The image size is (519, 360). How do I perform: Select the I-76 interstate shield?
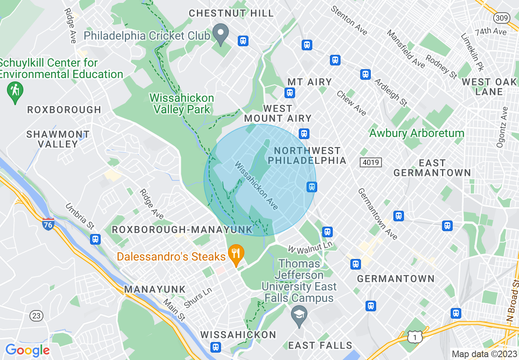click(48, 224)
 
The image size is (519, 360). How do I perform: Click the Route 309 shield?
click(501, 18)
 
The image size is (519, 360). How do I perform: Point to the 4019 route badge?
click(371, 162)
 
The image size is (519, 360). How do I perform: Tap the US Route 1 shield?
click(414, 336)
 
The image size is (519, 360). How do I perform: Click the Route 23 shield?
click(36, 315)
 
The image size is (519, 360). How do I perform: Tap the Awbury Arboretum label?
click(417, 133)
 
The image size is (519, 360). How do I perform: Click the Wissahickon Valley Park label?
click(182, 103)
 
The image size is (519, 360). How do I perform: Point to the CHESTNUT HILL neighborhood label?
click(231, 13)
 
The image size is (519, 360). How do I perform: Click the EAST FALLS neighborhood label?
click(320, 346)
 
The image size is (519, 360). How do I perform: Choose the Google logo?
click(27, 350)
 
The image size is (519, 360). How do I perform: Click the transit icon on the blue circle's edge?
click(311, 187)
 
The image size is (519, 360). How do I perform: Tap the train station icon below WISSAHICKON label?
click(215, 347)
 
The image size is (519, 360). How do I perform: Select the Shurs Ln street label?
click(198, 298)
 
